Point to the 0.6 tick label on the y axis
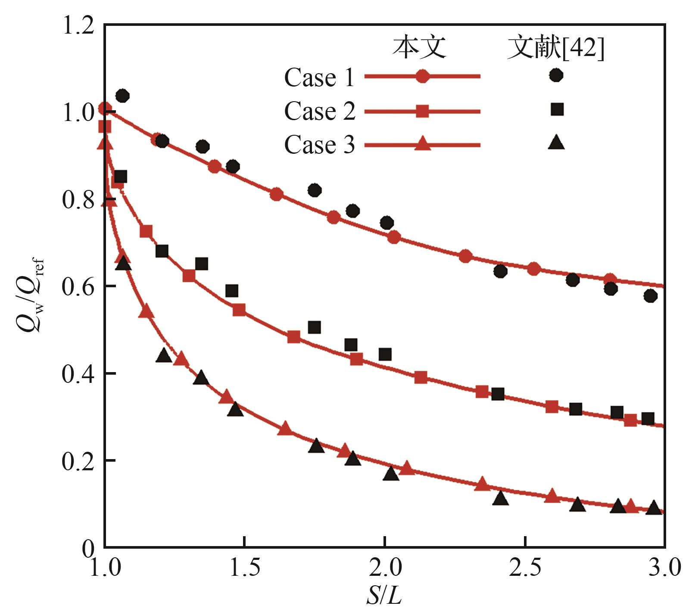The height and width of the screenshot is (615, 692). point(78,286)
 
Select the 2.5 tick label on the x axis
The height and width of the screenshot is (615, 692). point(525,568)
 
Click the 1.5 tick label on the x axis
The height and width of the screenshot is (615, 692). point(245,568)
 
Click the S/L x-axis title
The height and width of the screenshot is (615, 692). point(384,596)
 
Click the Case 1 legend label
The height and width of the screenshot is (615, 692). point(319,78)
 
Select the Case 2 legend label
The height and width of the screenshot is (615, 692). point(319,112)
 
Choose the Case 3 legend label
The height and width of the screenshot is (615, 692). point(319,145)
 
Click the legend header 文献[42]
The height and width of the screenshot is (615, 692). point(556,48)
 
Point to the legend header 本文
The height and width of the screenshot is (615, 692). point(419,47)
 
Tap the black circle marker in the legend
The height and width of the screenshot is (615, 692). point(556,75)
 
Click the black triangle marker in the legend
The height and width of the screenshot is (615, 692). point(556,143)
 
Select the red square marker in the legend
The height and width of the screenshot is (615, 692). point(422,112)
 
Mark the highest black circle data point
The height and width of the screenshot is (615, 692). point(122,96)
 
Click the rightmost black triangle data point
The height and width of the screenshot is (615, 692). point(654,508)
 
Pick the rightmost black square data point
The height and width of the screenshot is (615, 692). point(648,419)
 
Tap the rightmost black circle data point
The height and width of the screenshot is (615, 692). point(651,296)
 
